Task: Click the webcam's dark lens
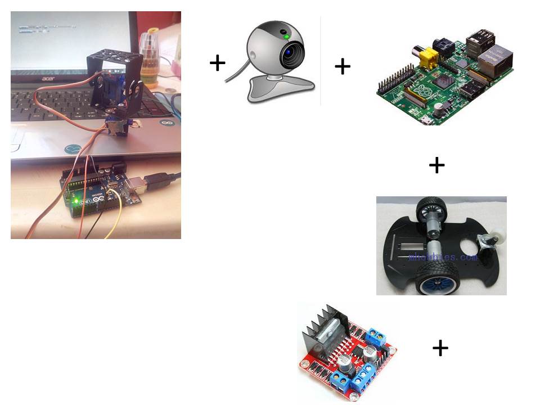click(291, 53)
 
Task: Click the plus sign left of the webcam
click(217, 62)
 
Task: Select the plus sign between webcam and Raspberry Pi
click(343, 67)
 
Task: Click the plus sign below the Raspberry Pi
click(436, 165)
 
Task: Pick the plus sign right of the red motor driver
click(440, 348)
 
